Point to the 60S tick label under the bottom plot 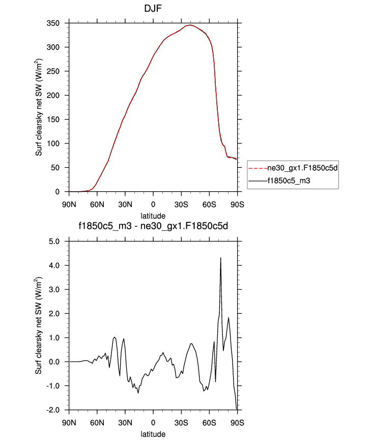[x=209, y=422]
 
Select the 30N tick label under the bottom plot [x=125, y=422]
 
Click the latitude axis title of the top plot [x=153, y=216]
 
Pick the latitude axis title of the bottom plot [x=153, y=434]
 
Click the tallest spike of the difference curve [x=220, y=258]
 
